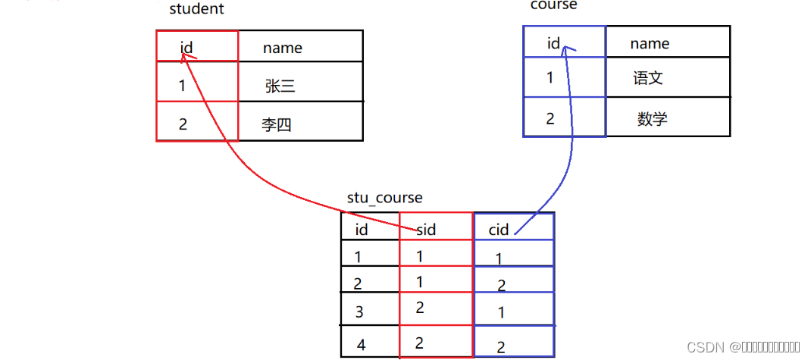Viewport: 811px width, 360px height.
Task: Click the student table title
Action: [x=196, y=9]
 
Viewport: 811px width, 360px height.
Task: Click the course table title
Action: [x=553, y=5]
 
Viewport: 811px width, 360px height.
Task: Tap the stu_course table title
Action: [x=384, y=198]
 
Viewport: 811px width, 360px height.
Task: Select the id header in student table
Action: [x=186, y=48]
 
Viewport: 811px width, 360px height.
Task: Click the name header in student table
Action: [x=282, y=48]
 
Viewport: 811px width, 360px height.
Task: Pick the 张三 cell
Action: [x=280, y=86]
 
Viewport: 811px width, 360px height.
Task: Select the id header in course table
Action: [x=553, y=43]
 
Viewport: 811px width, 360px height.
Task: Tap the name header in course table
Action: [x=650, y=43]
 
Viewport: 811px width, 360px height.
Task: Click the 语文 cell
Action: [x=648, y=78]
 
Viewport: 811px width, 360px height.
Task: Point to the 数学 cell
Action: [x=652, y=118]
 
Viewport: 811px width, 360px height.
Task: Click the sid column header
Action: [x=426, y=230]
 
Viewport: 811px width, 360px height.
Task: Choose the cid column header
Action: [x=498, y=230]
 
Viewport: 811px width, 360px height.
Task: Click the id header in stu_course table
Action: [x=361, y=229]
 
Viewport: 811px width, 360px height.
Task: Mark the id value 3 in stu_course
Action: [x=359, y=311]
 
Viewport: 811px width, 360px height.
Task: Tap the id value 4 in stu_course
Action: [x=361, y=345]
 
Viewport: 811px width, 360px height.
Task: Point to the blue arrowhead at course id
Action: [x=566, y=48]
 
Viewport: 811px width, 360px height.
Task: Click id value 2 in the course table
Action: [x=550, y=118]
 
